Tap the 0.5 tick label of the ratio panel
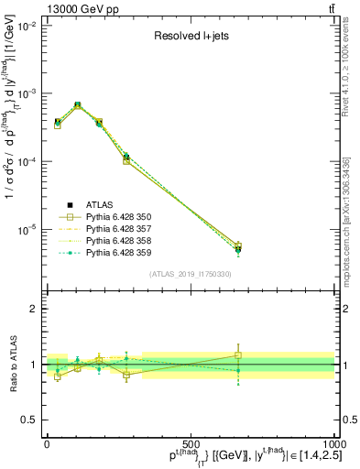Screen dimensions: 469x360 (x=30, y=419)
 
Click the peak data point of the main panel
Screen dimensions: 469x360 (x=77, y=105)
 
